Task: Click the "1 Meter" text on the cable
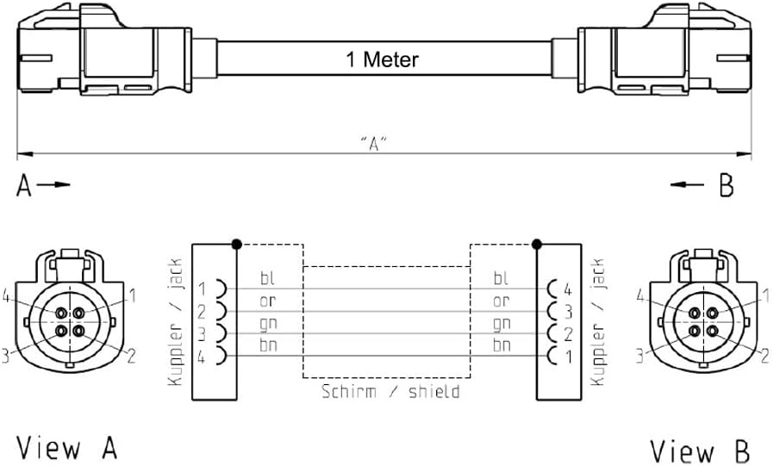click(x=382, y=59)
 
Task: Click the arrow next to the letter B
click(x=690, y=184)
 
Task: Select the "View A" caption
click(x=67, y=448)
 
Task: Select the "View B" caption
click(x=700, y=450)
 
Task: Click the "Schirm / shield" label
click(x=390, y=391)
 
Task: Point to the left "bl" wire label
click(x=268, y=278)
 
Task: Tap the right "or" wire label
click(x=501, y=301)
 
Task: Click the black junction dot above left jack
click(x=236, y=244)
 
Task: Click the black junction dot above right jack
click(x=537, y=244)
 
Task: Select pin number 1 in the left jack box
click(x=201, y=288)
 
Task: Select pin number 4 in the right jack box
click(x=567, y=288)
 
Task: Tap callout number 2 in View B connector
click(x=764, y=354)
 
